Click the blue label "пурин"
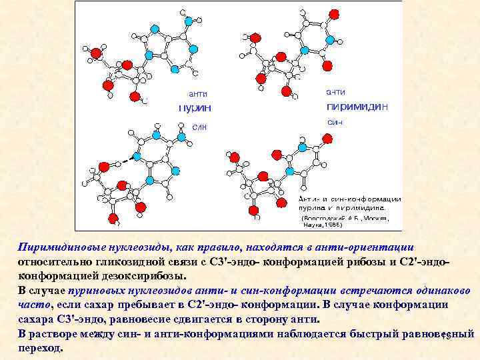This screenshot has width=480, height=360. pos(195,107)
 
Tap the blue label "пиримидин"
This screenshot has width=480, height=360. pos(357,107)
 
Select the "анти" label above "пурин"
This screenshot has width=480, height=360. pos(197,93)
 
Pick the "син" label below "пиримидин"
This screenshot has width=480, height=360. pos(335,123)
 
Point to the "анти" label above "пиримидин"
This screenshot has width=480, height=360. pos(335,92)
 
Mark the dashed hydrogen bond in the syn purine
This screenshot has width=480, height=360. pos(121,160)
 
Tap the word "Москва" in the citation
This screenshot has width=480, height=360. pos(373,218)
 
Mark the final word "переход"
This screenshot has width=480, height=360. pos(39,348)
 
